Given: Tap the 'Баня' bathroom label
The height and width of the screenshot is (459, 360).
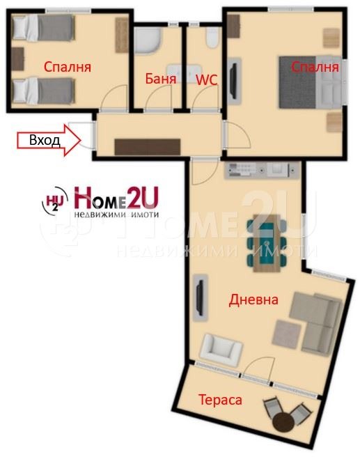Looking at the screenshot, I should pyautogui.click(x=160, y=79).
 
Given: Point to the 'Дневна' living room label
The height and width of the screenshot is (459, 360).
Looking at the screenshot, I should pyautogui.click(x=253, y=300).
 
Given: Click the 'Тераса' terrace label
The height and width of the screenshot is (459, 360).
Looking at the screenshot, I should pyautogui.click(x=220, y=400).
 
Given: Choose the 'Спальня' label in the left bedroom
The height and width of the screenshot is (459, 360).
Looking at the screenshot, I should pyautogui.click(x=68, y=68).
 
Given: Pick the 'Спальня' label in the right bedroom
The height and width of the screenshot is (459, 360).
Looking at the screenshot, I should pyautogui.click(x=315, y=67).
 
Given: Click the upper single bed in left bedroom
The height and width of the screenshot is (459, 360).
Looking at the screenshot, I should pyautogui.click(x=42, y=30).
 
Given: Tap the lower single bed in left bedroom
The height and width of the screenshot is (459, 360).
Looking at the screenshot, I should pyautogui.click(x=42, y=90).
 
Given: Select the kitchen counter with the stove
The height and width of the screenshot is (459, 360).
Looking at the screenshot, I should pyautogui.click(x=260, y=169).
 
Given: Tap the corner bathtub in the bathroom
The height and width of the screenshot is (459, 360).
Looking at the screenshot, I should pyautogui.click(x=148, y=40).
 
